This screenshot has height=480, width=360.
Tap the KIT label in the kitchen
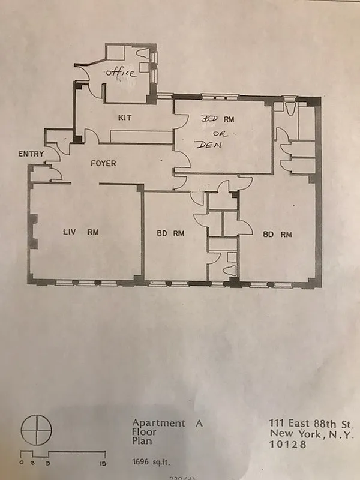point(125,118)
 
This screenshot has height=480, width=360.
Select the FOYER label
point(103,163)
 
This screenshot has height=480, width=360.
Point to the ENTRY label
point(31,154)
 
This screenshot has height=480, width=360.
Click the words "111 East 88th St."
point(312,423)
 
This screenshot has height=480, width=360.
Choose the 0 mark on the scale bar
point(21,463)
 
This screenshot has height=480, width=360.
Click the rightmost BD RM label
point(277,235)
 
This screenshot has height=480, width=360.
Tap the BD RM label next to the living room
point(170,234)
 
